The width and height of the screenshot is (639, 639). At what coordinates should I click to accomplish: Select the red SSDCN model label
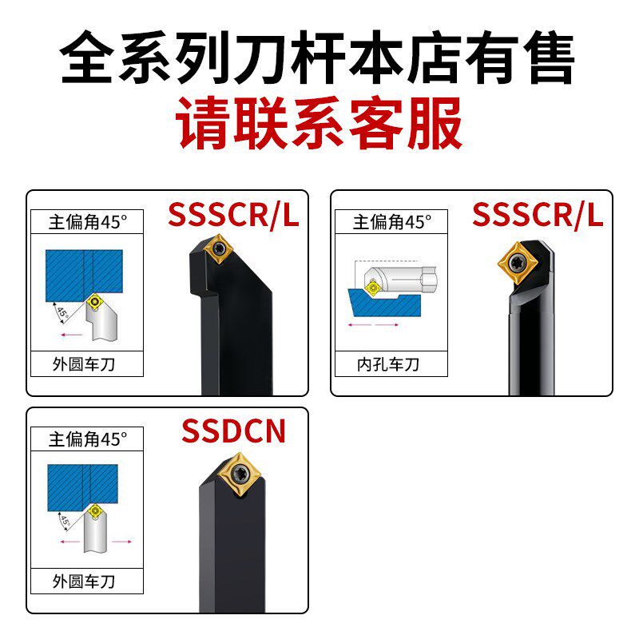point(232,431)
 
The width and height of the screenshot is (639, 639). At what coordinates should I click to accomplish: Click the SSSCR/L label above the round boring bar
point(537,215)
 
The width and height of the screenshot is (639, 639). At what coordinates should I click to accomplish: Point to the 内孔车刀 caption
point(388,365)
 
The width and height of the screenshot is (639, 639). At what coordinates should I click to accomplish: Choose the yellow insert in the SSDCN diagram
point(96,510)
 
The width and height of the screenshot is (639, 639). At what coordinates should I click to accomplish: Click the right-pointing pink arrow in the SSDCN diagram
point(121,541)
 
